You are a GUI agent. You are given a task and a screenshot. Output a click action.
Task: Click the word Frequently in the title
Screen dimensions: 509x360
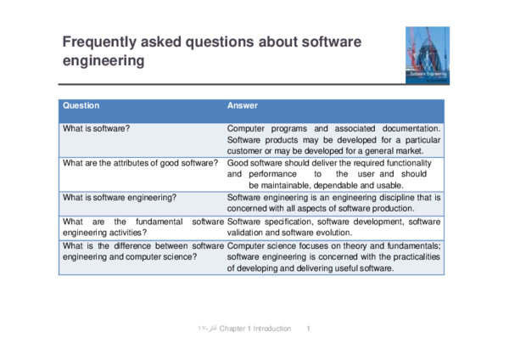point(99,42)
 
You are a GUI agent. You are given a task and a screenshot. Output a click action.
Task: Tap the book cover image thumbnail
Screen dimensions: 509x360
point(428,55)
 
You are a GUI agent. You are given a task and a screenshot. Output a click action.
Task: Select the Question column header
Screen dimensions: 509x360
point(81,105)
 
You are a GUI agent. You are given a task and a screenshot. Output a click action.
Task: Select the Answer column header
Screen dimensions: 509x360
point(242,105)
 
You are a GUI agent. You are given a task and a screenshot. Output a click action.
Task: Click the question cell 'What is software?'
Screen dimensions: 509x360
point(96,129)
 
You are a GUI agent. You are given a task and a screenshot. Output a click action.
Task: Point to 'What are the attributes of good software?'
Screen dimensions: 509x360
point(140,163)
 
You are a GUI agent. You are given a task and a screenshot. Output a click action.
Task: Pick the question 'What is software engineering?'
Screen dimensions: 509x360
point(120,198)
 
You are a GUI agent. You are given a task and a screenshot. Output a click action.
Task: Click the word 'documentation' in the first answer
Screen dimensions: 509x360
point(411,129)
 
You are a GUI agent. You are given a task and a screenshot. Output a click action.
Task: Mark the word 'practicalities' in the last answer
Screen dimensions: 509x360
point(417,257)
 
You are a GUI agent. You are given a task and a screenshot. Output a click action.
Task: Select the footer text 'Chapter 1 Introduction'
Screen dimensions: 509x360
point(255,329)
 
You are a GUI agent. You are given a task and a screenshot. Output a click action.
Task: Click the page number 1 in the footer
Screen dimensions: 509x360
point(309,329)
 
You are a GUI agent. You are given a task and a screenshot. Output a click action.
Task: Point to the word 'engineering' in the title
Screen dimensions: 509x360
point(103,61)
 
